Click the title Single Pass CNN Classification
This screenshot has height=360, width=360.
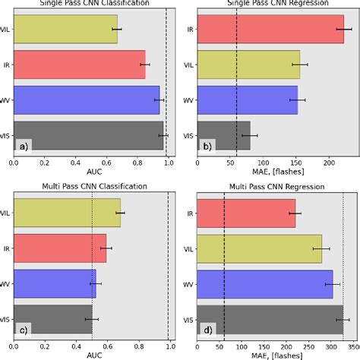[93, 4]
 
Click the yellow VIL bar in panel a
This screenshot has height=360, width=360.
[65, 29]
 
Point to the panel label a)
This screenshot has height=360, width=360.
[25, 145]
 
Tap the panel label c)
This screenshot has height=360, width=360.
[25, 329]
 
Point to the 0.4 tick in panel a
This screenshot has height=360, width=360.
[76, 162]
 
